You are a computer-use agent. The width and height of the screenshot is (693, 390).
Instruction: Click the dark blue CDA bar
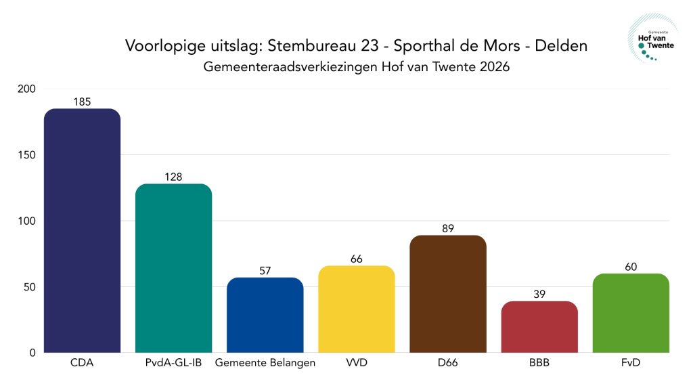coord(82,230)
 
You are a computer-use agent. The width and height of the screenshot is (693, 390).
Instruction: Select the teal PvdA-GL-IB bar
coord(173,268)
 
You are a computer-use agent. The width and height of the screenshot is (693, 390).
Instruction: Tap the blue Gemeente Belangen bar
coord(265,315)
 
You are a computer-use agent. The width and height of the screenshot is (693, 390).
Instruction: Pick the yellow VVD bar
coord(356,309)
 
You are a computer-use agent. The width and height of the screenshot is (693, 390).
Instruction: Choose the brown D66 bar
coord(447,294)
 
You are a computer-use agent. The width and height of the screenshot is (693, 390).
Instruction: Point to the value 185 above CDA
coord(82,102)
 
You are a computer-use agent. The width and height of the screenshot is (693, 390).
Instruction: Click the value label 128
coord(173,177)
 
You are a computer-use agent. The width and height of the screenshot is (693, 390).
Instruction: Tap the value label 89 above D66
coord(447,228)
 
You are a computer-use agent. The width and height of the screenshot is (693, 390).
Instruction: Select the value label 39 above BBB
coord(539,294)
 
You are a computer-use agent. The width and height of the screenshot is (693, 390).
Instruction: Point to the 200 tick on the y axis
coord(27,89)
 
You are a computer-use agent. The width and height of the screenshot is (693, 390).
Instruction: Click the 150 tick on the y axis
coord(27,155)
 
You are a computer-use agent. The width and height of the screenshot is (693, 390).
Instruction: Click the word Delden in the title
coord(561,46)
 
